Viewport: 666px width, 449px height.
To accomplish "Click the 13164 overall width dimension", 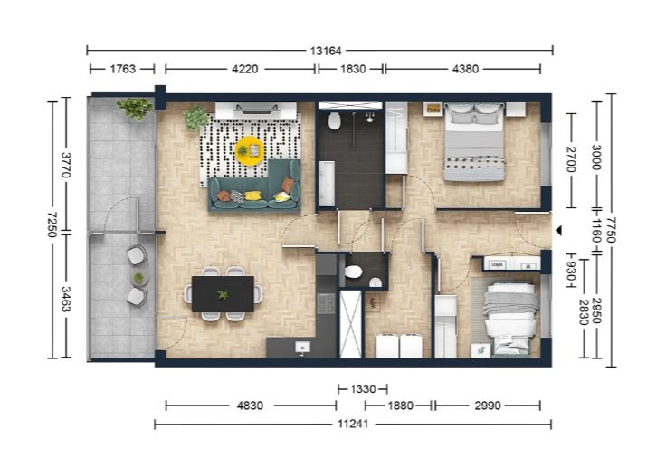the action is tap(326, 51).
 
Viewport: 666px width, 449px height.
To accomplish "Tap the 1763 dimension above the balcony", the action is tap(123, 69).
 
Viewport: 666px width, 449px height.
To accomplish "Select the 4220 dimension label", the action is tap(245, 69).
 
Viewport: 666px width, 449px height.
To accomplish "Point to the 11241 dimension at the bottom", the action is tap(353, 424).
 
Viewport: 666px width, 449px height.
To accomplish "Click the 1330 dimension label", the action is tap(363, 389).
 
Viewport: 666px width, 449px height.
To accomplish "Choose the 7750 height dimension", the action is tap(611, 230).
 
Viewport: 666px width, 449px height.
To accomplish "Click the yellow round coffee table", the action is tap(250, 151).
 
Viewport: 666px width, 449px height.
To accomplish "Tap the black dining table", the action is tap(223, 294).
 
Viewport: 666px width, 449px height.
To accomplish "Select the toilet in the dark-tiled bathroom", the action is tap(334, 120).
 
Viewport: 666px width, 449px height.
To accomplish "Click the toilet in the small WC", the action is tap(354, 272).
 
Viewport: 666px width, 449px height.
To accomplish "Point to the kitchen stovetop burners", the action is tap(326, 303).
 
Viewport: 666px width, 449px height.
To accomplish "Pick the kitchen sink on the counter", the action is tap(302, 348).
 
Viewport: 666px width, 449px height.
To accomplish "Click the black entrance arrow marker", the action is tap(559, 231).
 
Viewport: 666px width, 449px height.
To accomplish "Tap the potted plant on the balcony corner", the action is tap(135, 108).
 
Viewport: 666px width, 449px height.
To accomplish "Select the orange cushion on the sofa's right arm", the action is tap(288, 185).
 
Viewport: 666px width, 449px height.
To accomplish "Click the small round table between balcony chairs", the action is tap(138, 279).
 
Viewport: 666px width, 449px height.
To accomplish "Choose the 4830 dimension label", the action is tap(250, 406).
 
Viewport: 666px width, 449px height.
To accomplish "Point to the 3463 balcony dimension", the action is tap(66, 300).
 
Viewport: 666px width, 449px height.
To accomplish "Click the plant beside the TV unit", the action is tap(195, 118).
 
